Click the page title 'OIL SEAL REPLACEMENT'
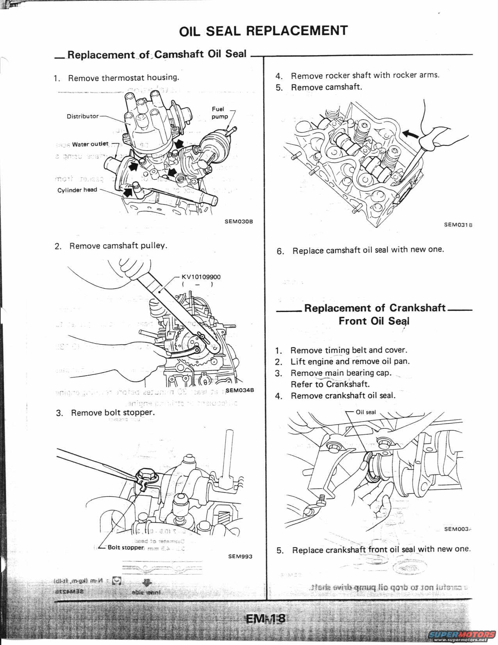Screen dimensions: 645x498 [x=263, y=31]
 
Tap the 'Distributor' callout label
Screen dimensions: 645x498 [x=82, y=116]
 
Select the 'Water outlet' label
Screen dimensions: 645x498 [x=90, y=144]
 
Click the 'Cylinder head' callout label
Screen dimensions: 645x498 [x=77, y=190]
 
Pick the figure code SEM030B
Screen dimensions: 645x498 [x=239, y=221]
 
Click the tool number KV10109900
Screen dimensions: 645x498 [x=201, y=277]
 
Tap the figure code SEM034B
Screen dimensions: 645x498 [x=240, y=390]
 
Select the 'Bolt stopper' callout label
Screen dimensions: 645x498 [x=125, y=547]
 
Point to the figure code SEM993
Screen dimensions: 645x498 [x=240, y=556]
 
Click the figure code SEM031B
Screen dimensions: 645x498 [x=458, y=225]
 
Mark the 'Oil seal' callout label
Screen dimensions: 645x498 [x=366, y=412]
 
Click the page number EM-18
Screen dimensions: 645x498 [x=266, y=619]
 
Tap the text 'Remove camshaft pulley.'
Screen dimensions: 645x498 [x=118, y=246]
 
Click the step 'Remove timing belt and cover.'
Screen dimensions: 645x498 [x=348, y=350]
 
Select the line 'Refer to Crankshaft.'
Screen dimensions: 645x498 [x=330, y=384]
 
